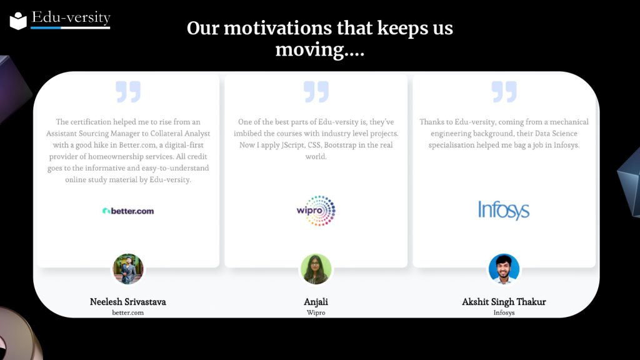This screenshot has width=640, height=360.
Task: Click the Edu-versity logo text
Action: coord(71,17)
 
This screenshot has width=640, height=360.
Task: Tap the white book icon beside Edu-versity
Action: coord(18,21)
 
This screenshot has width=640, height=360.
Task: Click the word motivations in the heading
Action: coord(277,28)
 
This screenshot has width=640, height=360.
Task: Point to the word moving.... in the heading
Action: coord(319,50)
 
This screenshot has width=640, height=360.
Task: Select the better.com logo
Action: coord(127,211)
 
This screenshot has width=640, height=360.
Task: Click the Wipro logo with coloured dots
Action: coord(316,211)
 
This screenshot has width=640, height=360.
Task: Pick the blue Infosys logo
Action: coord(504,210)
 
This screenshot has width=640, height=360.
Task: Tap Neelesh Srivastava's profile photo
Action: coord(127,269)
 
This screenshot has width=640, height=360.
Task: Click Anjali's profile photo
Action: coord(316,269)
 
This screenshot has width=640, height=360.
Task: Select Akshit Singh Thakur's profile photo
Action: coord(504,269)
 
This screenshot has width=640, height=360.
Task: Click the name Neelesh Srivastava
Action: coord(127,302)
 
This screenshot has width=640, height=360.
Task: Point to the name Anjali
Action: coord(316,302)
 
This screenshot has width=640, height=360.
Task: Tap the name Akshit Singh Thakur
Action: coord(504,302)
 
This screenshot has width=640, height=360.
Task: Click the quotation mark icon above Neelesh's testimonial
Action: coord(127,91)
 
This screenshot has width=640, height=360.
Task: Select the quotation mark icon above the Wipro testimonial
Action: coord(316,91)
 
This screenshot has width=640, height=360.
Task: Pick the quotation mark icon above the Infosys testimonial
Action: coord(504,91)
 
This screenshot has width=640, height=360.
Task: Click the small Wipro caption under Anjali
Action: coord(316,312)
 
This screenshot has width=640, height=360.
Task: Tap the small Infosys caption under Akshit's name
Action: coord(504,312)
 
